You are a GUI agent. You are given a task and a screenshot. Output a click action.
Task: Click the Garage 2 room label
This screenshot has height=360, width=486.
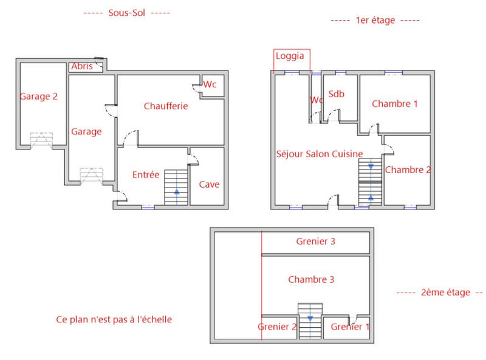pos(39,97)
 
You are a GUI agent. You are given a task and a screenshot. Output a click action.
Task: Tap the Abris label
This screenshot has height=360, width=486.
pos(82,66)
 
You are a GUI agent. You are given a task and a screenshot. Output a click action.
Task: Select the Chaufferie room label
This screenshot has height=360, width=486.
pos(166,106)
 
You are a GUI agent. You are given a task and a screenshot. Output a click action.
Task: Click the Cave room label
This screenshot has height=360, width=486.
pos(209,185)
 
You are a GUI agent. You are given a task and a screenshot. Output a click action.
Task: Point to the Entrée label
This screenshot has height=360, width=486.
pos(146,175)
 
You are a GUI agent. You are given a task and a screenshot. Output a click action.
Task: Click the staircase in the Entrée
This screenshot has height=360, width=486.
pos(177,188)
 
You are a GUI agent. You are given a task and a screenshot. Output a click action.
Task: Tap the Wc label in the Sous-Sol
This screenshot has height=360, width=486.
pos(210,84)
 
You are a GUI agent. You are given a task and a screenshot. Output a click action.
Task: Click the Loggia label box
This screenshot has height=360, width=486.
pos(292,57)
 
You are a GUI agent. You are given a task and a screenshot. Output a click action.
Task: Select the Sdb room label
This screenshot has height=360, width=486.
pos(336,94)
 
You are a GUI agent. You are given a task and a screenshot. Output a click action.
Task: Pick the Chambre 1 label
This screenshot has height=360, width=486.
pos(395,104)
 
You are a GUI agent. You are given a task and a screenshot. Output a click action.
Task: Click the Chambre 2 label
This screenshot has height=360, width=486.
pos(408,170)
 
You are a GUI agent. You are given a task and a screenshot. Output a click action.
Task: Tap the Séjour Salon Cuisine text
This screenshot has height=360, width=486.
pos(320,154)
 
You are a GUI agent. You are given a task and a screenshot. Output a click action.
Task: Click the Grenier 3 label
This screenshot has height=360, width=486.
pos(315,241)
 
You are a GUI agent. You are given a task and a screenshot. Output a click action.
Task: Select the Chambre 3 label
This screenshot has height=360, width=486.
pos(311,280)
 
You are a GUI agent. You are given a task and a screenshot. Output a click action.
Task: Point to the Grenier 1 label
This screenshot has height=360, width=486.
pos(350,327)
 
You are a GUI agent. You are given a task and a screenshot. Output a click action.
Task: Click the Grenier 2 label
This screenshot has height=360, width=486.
pos(277,327)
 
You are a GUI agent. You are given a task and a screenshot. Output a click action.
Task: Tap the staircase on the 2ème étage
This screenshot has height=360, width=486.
pos(310,321)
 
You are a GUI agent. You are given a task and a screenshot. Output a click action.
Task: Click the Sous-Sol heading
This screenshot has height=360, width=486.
pos(126,13)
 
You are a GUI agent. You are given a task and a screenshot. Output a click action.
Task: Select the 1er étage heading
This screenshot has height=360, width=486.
pos(375,20)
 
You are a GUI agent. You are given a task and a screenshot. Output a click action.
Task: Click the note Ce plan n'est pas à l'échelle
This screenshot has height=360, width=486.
pos(114,319)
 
